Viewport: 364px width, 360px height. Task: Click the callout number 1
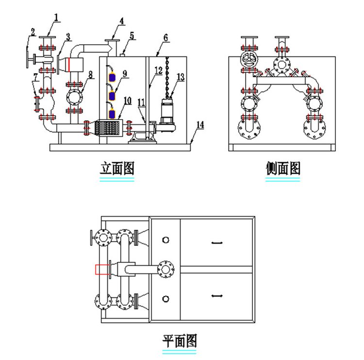56,18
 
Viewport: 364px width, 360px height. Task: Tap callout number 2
32,33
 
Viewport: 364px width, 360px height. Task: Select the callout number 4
122,21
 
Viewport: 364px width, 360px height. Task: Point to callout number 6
165,37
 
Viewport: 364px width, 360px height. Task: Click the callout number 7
35,76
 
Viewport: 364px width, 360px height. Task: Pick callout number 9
125,73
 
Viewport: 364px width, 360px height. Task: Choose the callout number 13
181,77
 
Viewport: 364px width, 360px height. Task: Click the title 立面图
116,169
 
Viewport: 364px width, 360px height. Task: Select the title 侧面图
283,169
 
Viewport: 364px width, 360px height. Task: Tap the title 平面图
180,341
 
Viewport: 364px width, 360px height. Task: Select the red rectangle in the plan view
101,269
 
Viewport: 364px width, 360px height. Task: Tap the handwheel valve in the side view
248,61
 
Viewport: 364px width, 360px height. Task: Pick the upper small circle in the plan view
165,240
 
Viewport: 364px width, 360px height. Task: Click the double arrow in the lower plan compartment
216,295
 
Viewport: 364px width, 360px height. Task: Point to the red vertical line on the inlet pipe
69,64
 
